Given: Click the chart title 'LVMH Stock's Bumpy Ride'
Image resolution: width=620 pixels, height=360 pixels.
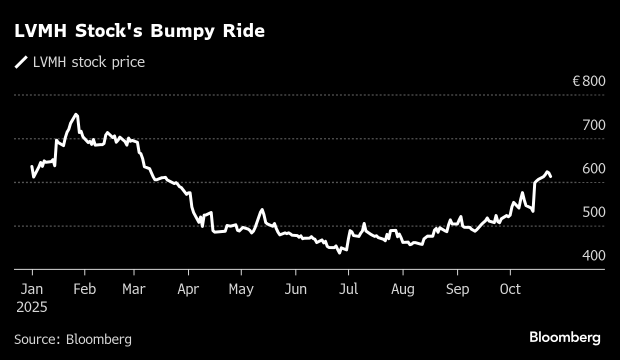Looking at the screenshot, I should coord(139,31).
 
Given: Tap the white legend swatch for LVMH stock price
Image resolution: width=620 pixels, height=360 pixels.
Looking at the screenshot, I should coord(21,62).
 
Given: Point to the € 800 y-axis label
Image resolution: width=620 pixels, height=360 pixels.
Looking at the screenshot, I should coord(588,81).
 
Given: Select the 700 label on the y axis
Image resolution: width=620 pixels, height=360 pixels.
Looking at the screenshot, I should coord(593,125).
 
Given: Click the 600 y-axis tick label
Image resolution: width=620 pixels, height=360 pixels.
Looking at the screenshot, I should coord(593,168).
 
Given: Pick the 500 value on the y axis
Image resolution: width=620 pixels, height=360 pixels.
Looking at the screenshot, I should coord(593,212).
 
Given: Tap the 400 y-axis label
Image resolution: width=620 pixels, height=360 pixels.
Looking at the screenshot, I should coord(593,255).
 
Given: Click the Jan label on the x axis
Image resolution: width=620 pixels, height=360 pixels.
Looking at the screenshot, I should coord(32,289).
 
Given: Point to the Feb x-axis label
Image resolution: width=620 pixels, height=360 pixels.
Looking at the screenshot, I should coord(84,289).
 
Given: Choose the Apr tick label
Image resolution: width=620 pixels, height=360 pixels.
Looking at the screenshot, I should coord(188,289).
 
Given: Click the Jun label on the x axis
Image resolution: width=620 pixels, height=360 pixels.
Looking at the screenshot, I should coord(295,289).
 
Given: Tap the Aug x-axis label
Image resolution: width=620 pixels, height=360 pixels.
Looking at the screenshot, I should coord(402,289).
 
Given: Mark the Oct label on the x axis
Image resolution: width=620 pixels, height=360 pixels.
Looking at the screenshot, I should coord(510,289).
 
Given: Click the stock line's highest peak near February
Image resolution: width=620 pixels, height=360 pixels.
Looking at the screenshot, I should coord(76,114).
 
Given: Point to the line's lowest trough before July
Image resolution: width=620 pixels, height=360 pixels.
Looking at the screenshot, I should coord(339,252).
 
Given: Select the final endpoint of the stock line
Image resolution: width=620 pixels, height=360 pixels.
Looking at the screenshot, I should coord(550,176).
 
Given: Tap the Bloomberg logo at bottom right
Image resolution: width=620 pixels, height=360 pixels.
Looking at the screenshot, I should coord(565,337).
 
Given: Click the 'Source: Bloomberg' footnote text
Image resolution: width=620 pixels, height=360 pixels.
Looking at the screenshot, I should coord(73,339).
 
